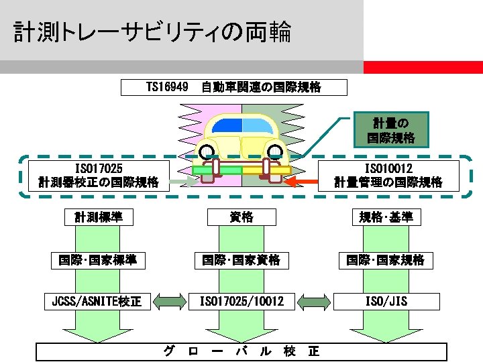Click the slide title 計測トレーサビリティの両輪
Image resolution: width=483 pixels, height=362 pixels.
[152, 32]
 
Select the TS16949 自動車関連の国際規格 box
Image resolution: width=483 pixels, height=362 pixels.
[234, 87]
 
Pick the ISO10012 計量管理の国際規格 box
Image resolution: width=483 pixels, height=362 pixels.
[388, 174]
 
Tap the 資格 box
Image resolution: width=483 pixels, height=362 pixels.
[241, 217]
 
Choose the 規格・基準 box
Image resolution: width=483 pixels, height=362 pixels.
[386, 217]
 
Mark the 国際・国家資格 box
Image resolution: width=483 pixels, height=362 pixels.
[241, 259]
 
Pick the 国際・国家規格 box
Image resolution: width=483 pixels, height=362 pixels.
[386, 259]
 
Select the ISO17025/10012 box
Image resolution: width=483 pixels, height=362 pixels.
[241, 302]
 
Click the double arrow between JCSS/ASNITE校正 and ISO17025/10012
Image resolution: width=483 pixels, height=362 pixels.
[168, 302]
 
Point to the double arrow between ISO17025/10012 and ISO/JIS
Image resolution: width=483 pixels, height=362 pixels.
[314, 302]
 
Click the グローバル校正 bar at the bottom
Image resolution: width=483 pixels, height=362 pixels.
[241, 352]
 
